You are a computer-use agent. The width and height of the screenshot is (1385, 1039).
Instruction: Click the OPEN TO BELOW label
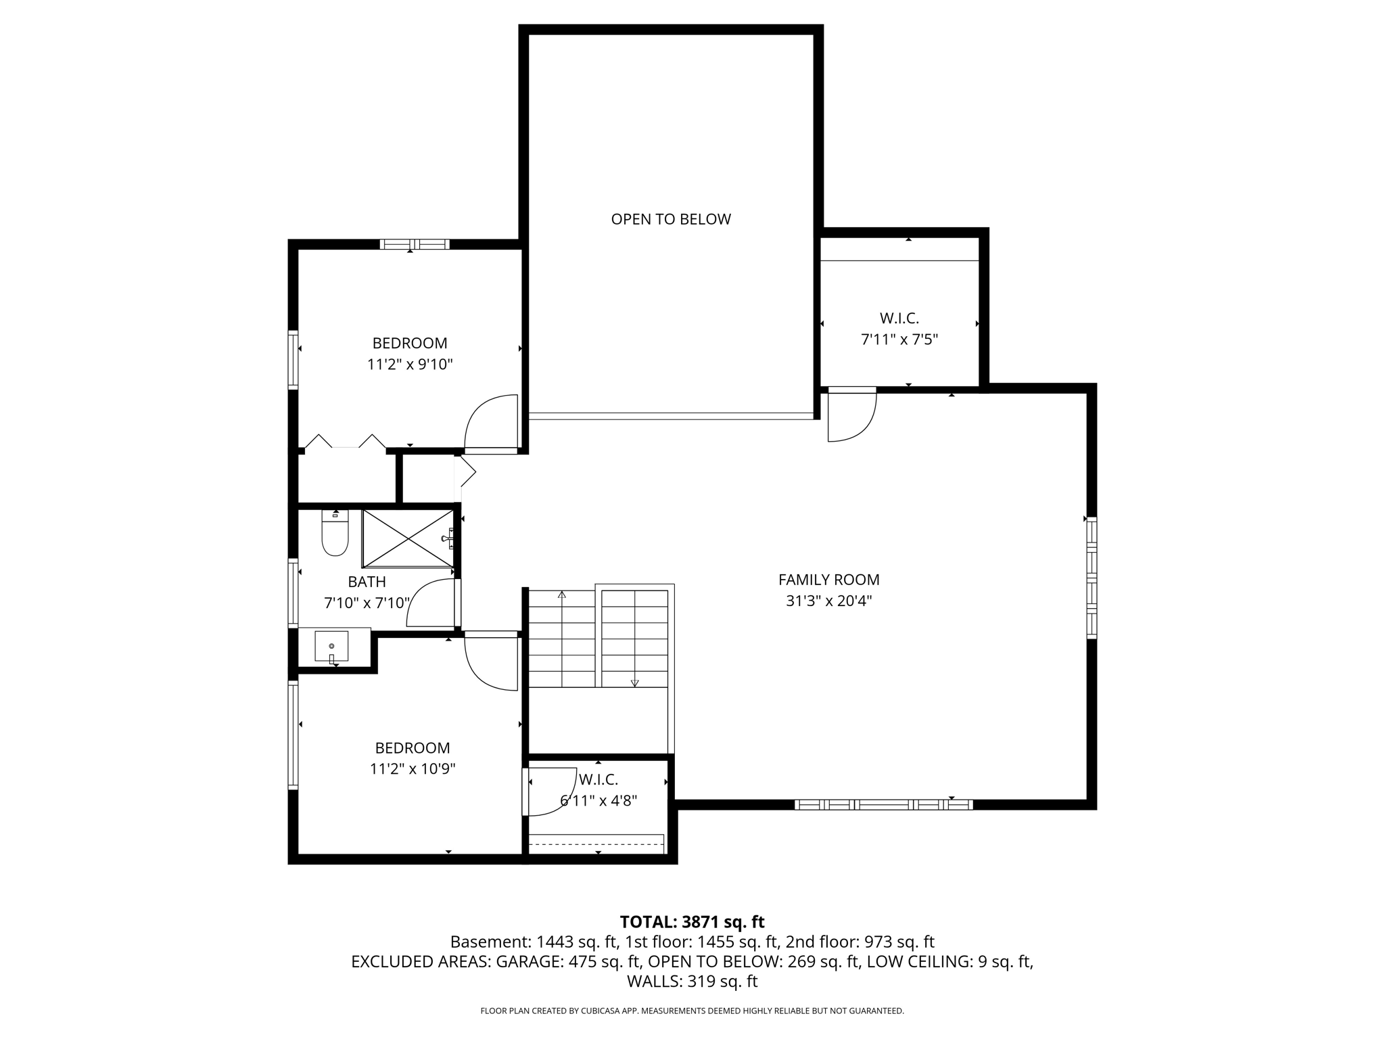670,219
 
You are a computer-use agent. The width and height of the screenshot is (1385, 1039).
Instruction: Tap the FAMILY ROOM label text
828,580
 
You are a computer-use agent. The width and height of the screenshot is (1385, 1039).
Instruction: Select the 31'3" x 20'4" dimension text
828,601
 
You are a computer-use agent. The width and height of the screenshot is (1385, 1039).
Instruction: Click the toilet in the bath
335,534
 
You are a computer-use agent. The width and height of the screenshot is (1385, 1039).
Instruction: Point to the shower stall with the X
407,538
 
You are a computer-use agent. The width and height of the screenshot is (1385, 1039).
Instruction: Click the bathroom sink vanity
331,647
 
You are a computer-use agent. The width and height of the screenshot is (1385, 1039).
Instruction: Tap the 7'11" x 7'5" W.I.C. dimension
899,340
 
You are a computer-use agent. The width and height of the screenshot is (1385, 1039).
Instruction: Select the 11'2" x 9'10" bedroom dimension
409,365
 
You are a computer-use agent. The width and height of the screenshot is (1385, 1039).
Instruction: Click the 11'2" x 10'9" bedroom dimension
412,769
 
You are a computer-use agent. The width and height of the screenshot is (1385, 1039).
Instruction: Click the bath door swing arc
431,603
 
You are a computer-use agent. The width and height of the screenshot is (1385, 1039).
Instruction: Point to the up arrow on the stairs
561,595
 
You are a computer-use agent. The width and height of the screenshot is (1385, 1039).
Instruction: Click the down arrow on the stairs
634,683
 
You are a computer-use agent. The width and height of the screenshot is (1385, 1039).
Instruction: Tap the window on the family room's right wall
1091,578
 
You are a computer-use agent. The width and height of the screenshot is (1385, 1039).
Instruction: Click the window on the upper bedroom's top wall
414,244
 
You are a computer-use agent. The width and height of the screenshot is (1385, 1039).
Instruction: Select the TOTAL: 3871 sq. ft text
692,922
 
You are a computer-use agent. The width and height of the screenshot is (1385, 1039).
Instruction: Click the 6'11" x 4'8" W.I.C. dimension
598,801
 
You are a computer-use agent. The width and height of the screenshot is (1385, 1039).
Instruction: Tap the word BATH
367,582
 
